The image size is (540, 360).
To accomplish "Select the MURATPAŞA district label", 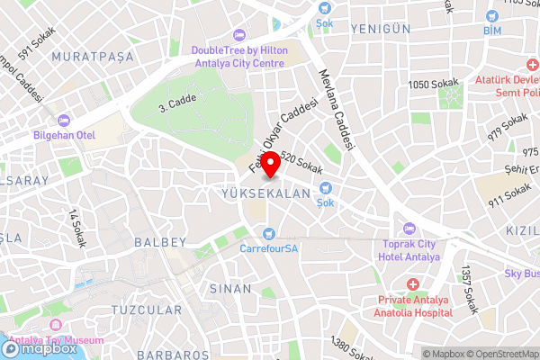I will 92,56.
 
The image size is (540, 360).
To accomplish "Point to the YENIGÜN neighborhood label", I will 382,29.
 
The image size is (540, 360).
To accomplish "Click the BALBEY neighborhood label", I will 159,242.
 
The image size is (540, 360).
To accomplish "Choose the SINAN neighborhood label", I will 224,289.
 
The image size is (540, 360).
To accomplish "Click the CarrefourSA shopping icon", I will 269,234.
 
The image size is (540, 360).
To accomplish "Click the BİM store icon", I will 492,16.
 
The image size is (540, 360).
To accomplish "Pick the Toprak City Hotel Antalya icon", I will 409,228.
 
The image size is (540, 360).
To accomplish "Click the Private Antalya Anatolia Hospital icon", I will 412,285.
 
